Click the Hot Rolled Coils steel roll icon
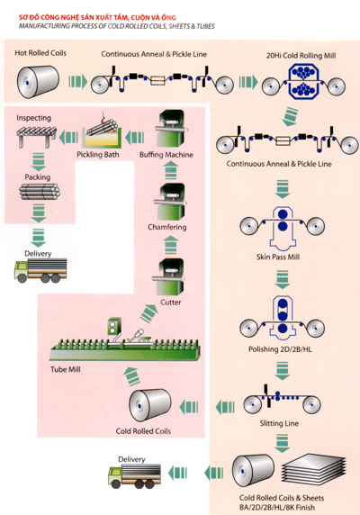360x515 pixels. click(x=38, y=82)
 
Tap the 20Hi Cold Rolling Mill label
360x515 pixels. click(x=301, y=56)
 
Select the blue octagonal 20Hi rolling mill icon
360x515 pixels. click(x=303, y=81)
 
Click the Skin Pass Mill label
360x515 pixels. click(x=278, y=257)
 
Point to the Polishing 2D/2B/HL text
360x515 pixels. click(x=280, y=349)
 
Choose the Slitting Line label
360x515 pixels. click(x=279, y=423)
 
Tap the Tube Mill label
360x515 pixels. click(x=66, y=369)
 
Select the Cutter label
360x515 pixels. click(x=170, y=303)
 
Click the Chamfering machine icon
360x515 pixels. click(x=170, y=202)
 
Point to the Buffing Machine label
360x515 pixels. click(x=166, y=155)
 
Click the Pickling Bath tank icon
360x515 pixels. click(x=102, y=139)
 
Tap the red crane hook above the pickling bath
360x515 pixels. click(x=104, y=117)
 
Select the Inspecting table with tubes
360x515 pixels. click(x=36, y=136)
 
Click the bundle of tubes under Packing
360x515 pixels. click(x=40, y=192)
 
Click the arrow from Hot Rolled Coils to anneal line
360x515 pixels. click(x=77, y=81)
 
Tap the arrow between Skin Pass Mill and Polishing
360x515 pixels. click(x=282, y=279)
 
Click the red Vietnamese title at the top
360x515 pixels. click(x=97, y=17)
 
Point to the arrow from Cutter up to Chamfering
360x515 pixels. click(x=171, y=246)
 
